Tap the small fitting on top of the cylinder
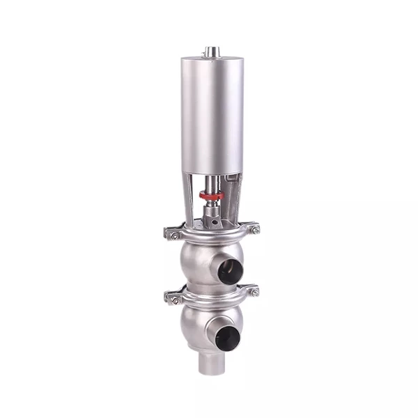point(209,52)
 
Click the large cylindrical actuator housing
point(209,115)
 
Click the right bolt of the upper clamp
point(254,229)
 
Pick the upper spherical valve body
point(199,261)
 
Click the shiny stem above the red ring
point(210,183)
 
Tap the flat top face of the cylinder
point(209,59)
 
